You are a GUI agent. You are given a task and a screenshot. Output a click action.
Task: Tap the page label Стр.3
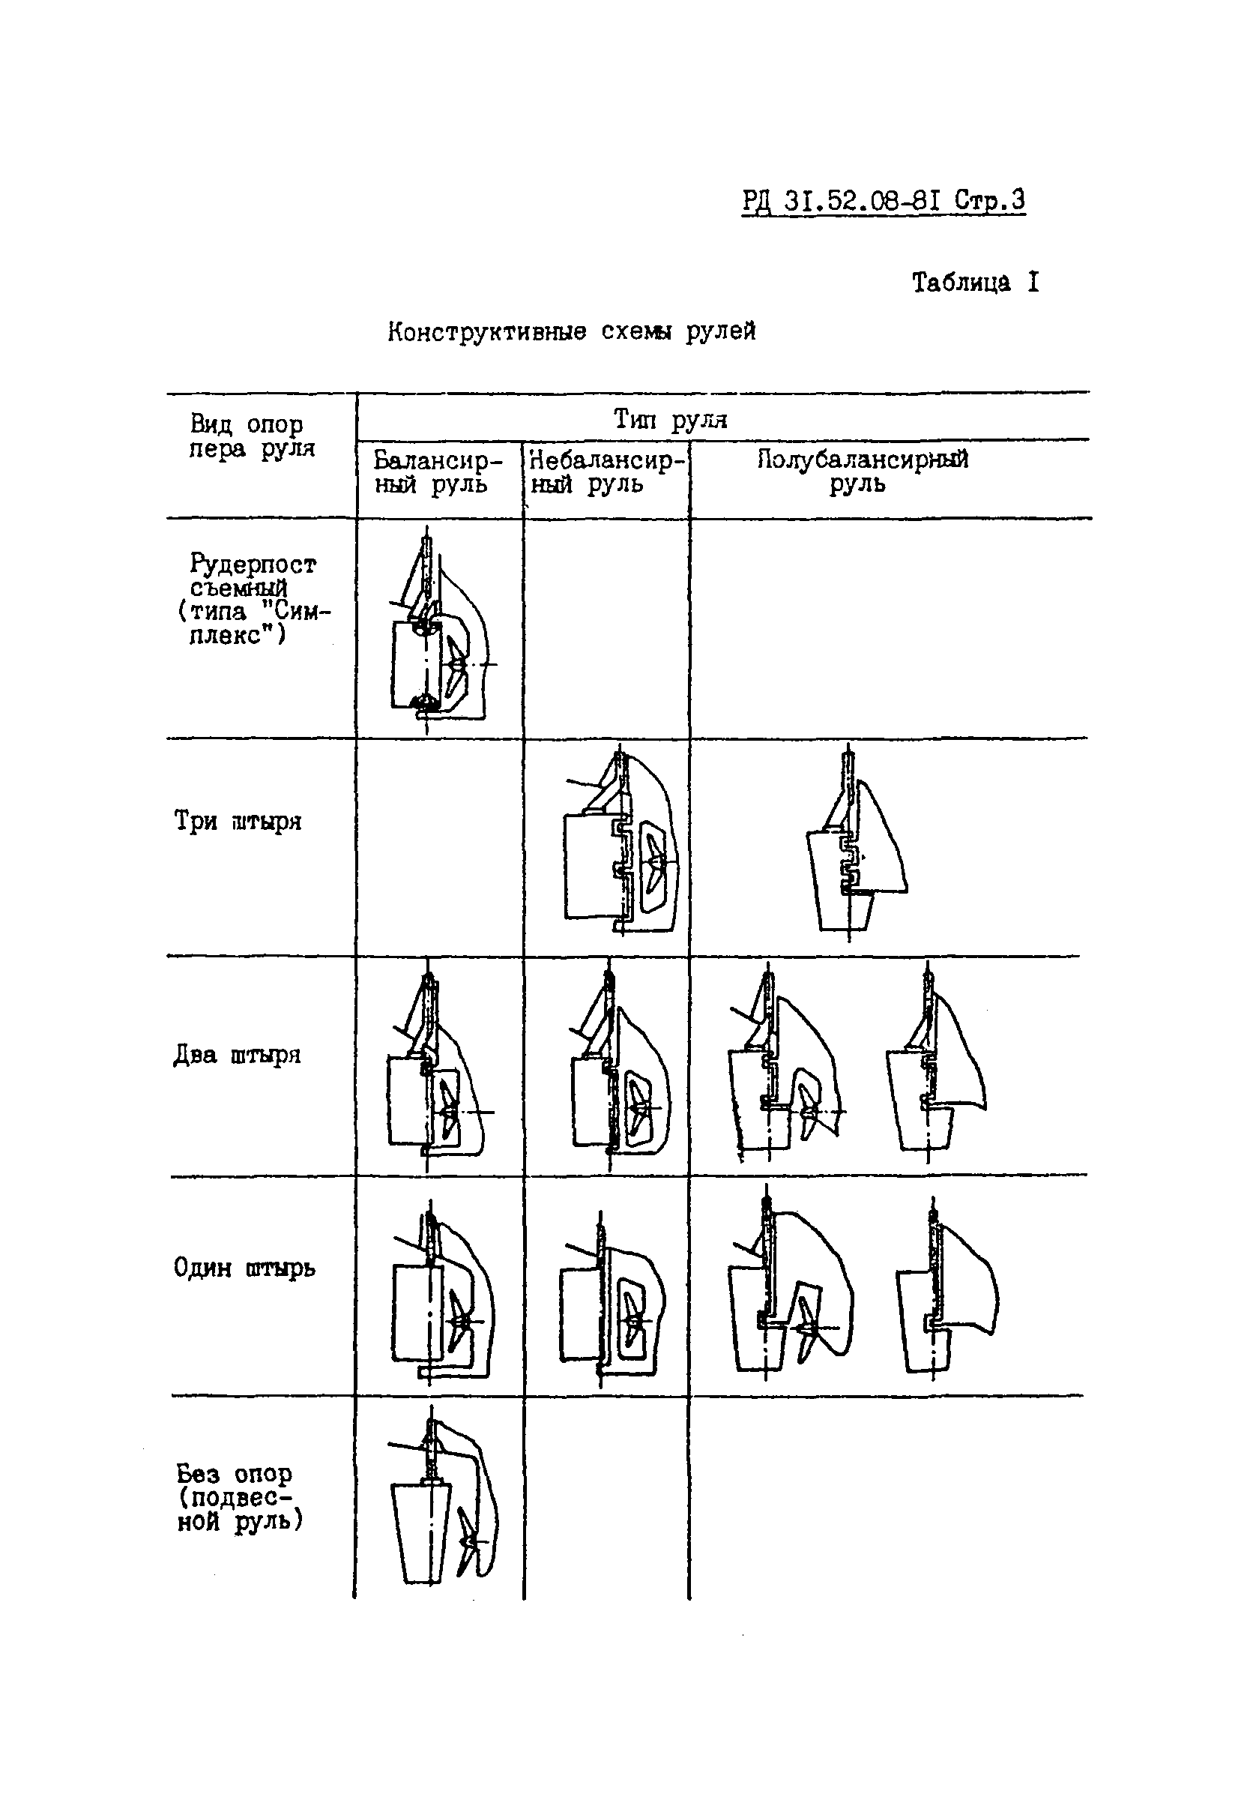pyautogui.click(x=990, y=201)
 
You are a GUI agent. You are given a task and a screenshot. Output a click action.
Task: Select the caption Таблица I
pyautogui.click(x=975, y=282)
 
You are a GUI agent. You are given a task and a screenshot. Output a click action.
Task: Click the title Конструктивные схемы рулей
pyautogui.click(x=571, y=331)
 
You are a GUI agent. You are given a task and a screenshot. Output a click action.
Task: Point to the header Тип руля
pyautogui.click(x=671, y=420)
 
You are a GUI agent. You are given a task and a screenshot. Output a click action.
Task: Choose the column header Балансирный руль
pyautogui.click(x=437, y=472)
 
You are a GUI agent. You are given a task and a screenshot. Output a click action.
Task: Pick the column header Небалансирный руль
pyautogui.click(x=606, y=472)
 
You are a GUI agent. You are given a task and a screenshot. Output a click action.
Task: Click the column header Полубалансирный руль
pyautogui.click(x=862, y=471)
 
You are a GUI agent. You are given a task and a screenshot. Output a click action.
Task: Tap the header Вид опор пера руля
pyautogui.click(x=251, y=436)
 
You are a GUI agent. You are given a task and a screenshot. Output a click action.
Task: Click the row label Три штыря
pyautogui.click(x=238, y=821)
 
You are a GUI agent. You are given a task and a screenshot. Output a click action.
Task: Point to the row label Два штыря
pyautogui.click(x=237, y=1055)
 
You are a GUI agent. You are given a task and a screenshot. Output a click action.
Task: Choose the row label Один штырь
pyautogui.click(x=244, y=1268)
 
